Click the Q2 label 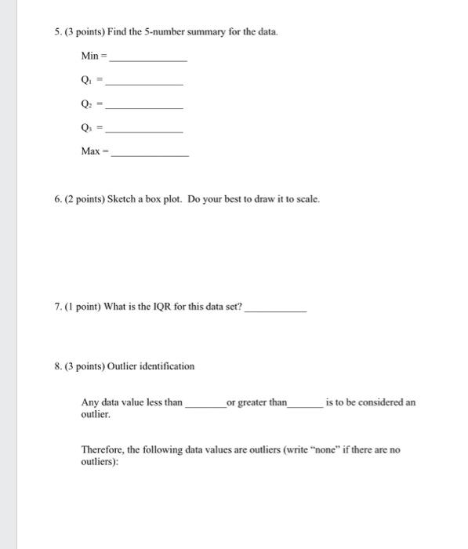85,104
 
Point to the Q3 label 85,127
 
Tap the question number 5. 57,32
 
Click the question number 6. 57,199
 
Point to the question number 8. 57,366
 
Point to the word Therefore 103,450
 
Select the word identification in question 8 165,366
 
